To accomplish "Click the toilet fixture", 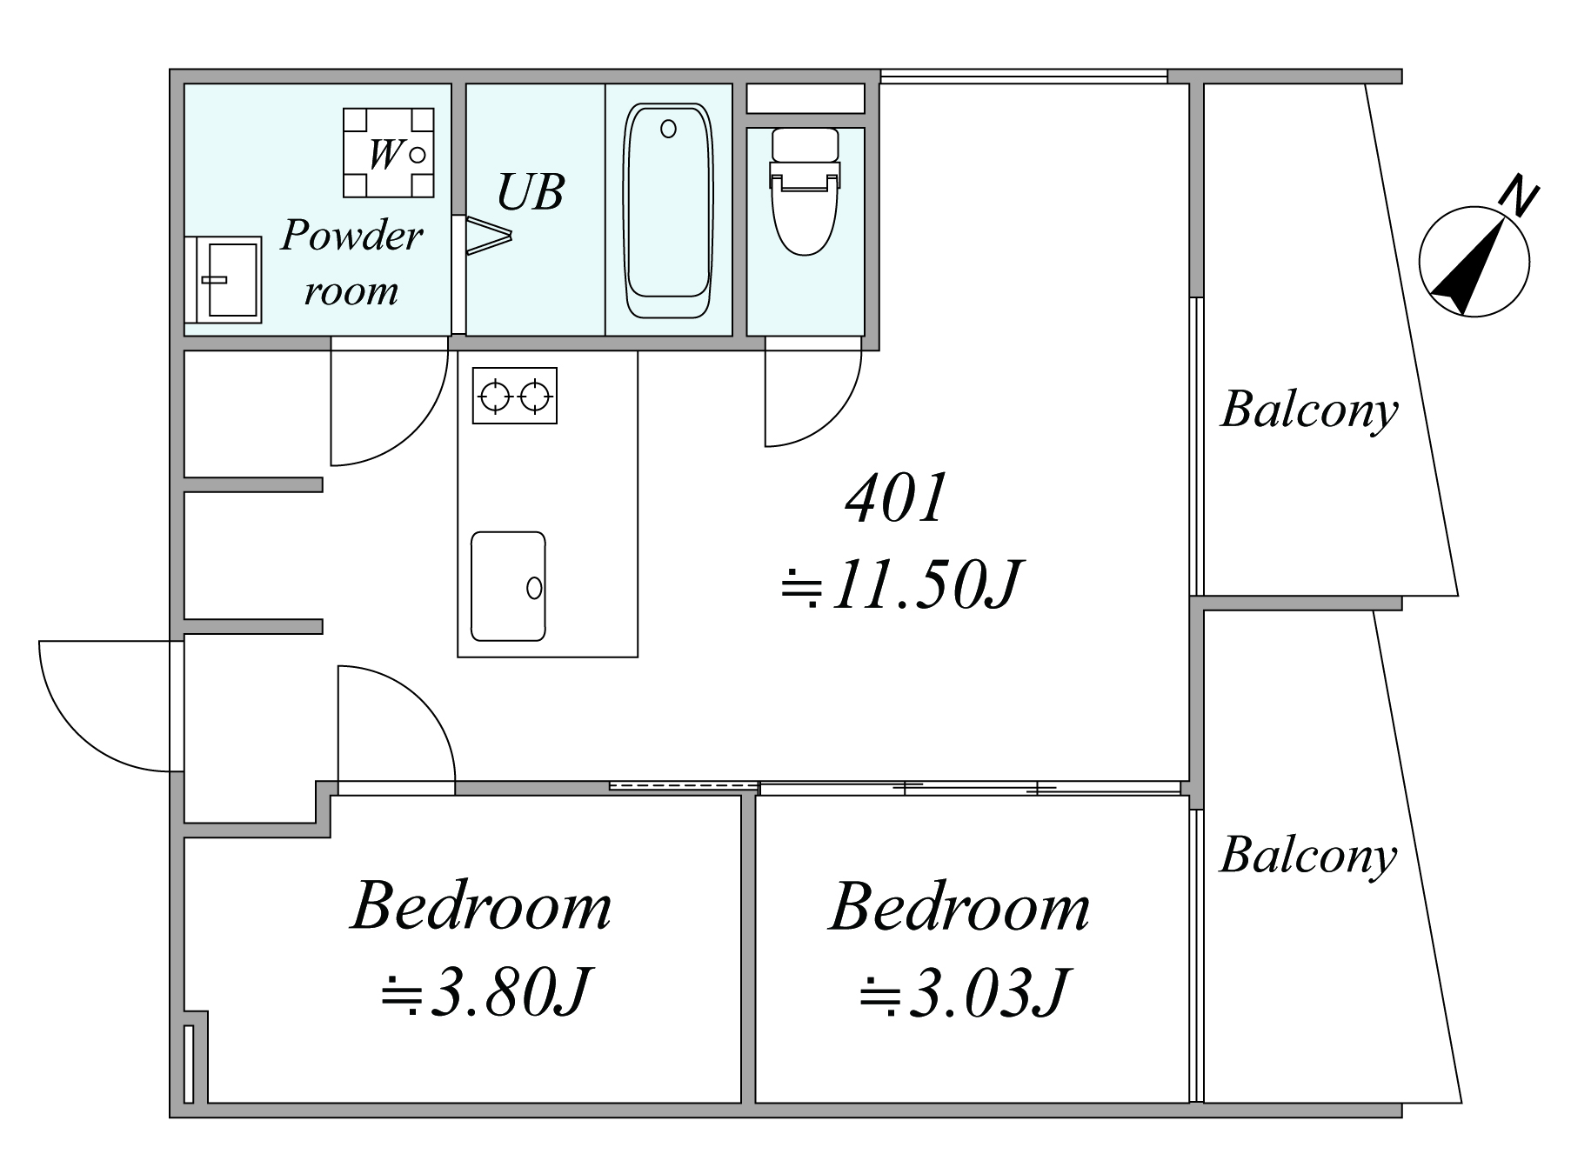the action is (x=805, y=191).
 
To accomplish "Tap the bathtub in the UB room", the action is (x=668, y=211).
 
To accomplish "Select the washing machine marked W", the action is (x=388, y=153).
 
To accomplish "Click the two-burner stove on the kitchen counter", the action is (x=515, y=396).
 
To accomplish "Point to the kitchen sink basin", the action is (x=508, y=586).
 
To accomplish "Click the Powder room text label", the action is (x=351, y=263).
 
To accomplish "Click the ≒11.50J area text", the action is (x=899, y=584).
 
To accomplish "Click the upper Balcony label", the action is (x=1309, y=410).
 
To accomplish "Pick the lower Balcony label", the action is (x=1308, y=856).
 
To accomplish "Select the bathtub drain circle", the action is (x=668, y=129).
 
